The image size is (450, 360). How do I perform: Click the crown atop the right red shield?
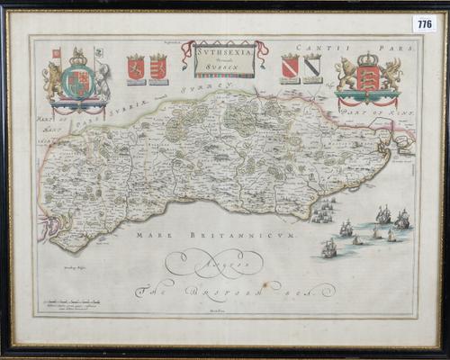point(367,61)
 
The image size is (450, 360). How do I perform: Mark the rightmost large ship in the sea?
point(401,218)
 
